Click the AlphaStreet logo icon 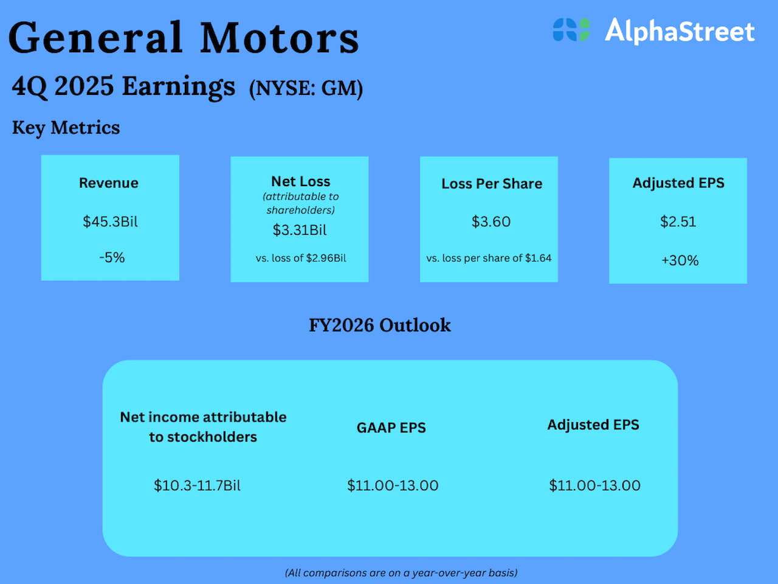pos(571,30)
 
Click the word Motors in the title pos(280,38)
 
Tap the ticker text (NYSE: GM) pos(306,89)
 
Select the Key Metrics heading pos(66,128)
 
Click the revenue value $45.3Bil pos(110,221)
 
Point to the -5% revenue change pos(112,257)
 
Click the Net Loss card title pos(301,181)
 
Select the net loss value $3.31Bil pos(300,230)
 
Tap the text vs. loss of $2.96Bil pos(301,258)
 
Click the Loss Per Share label pos(492,184)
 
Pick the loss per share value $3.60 pos(491,221)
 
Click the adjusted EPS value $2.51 pos(678,221)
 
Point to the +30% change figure pos(680,260)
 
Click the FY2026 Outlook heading pos(380,325)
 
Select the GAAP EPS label pos(391,428)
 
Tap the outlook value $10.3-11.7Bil pos(197,485)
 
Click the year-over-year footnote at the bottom pos(401,572)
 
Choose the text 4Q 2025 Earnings pos(123,86)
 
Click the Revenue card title pos(108,183)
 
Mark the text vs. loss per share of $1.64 pos(489,258)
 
